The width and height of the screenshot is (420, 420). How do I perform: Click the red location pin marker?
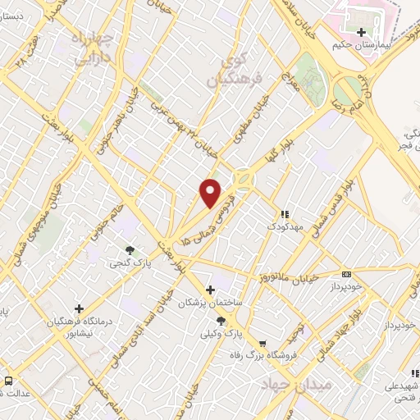coord(211,193)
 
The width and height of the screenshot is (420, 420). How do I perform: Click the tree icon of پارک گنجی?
coord(130,250)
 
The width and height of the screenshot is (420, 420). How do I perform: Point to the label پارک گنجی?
coord(130,263)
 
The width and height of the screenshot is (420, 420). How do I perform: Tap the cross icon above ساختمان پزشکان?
coord(211,290)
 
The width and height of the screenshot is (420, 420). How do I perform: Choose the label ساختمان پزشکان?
coord(212,303)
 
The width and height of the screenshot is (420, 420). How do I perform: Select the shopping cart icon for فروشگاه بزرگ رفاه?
coord(262,345)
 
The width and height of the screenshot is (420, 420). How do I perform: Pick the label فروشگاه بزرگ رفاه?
coord(262,357)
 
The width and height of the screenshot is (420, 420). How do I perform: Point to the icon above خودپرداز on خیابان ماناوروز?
coord(347,274)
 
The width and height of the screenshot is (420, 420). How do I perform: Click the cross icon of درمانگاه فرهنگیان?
coord(79,308)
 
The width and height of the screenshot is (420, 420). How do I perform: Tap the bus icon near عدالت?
coord(9,381)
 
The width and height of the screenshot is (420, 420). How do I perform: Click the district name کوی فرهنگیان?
coord(226,71)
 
